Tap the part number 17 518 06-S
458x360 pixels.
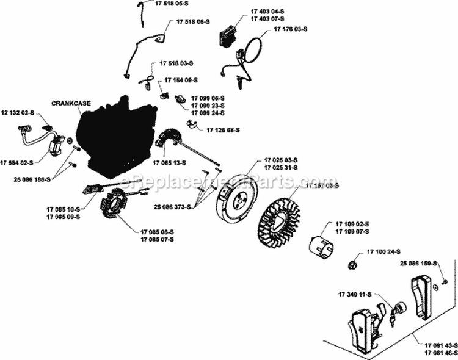(192, 21)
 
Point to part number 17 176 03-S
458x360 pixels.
(291, 29)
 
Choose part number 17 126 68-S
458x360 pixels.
(223, 130)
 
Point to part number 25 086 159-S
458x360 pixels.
(419, 263)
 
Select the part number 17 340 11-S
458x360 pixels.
(355, 295)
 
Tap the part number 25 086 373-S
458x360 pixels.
(172, 207)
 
